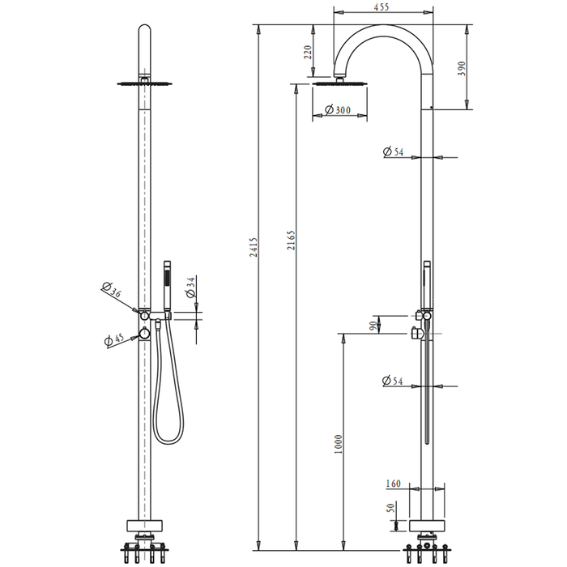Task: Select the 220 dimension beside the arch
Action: pos(308,53)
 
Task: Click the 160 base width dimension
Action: pos(394,484)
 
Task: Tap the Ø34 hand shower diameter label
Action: pos(191,287)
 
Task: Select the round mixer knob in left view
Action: pos(144,334)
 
